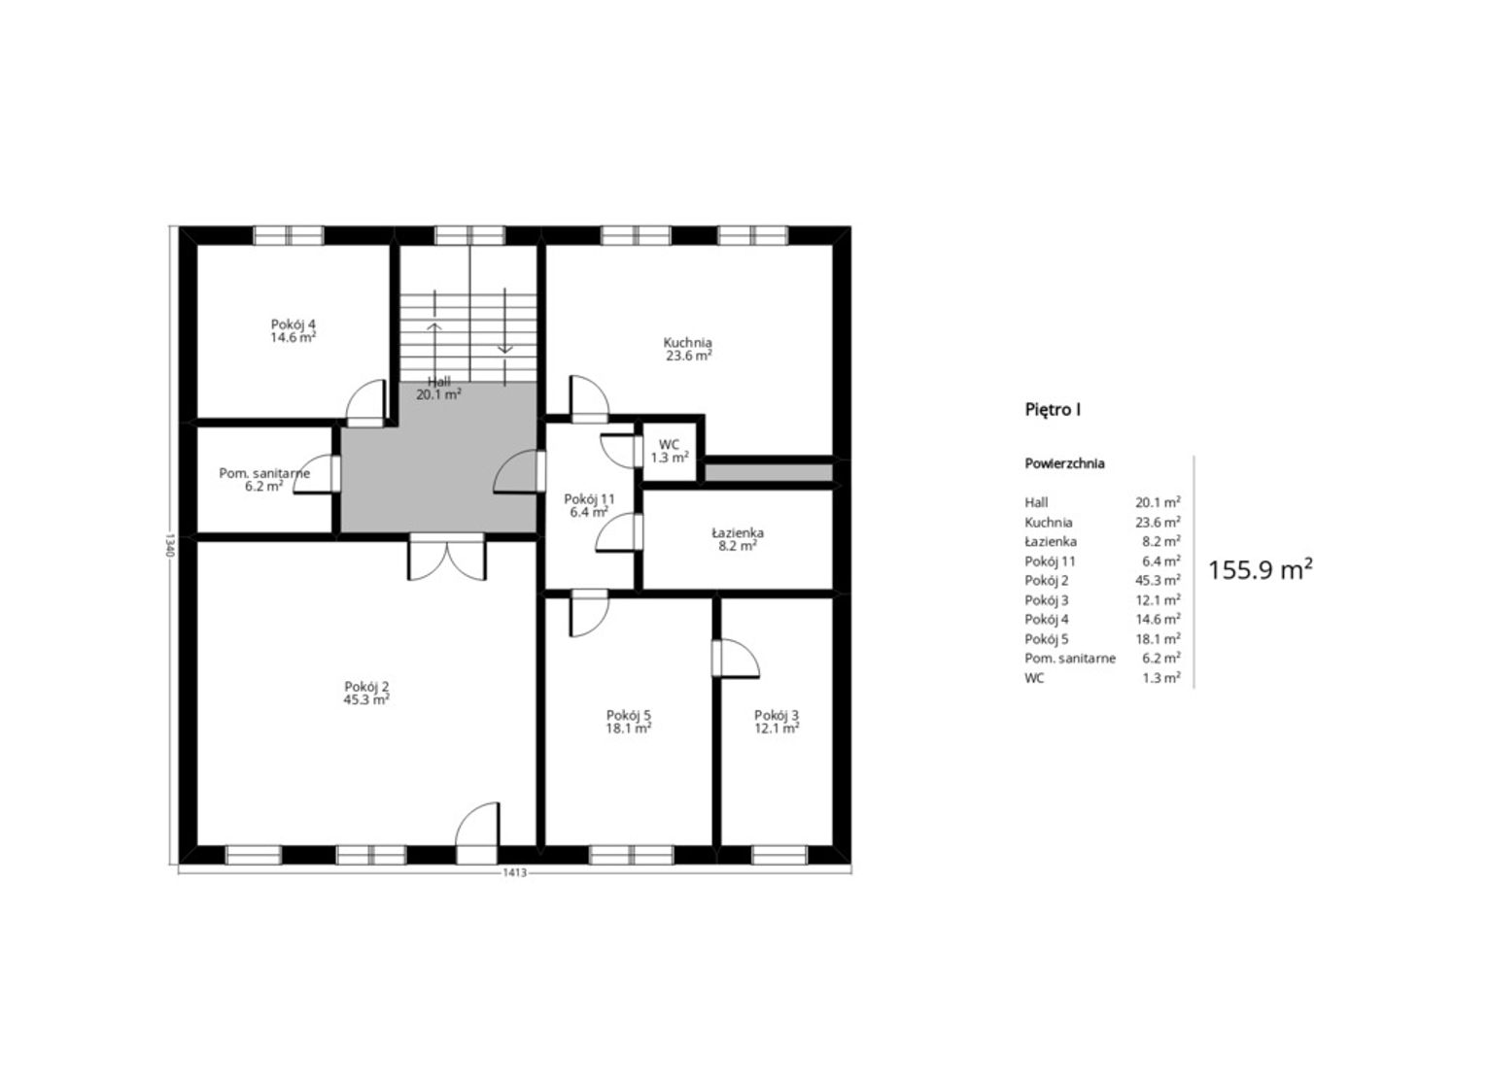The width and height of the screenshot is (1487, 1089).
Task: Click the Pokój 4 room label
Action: click(x=293, y=324)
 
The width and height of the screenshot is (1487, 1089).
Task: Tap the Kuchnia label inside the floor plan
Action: click(x=688, y=343)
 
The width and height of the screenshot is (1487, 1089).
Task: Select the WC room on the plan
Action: click(x=669, y=452)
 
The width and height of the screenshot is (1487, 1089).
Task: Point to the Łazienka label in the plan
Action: click(x=737, y=533)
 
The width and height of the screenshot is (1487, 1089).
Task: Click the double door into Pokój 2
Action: click(x=447, y=558)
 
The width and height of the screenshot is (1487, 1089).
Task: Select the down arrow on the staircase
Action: click(x=505, y=320)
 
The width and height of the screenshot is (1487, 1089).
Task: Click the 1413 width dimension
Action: click(x=514, y=872)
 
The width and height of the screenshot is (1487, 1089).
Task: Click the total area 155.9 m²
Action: click(x=1260, y=570)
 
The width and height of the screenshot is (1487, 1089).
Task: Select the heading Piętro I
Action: click(x=1053, y=409)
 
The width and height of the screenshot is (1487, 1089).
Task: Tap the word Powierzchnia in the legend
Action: click(x=1065, y=463)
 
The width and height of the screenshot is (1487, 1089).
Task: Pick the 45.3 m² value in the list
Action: click(x=1158, y=580)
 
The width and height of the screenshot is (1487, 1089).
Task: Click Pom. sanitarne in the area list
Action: click(x=1070, y=659)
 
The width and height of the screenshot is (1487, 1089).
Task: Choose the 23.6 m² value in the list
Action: click(x=1158, y=523)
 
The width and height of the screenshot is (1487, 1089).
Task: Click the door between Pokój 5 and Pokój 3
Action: click(x=735, y=659)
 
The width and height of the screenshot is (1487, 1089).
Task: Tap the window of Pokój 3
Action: click(x=778, y=856)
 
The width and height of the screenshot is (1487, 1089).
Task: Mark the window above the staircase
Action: click(x=470, y=236)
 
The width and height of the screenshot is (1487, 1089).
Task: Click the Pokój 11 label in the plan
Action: click(x=590, y=499)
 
